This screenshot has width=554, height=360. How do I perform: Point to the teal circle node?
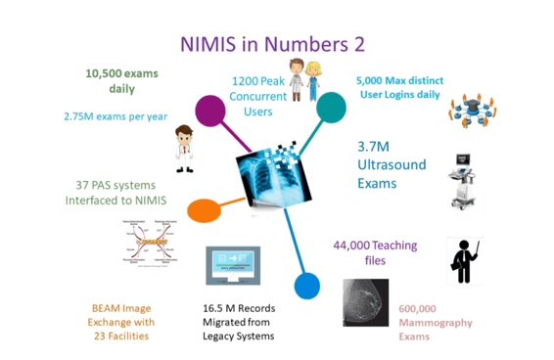coord(331,107)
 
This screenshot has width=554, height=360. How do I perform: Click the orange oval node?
coord(205,209)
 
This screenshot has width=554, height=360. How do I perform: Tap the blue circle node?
coord(307,286)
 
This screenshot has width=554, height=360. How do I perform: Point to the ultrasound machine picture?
coord(468,180)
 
